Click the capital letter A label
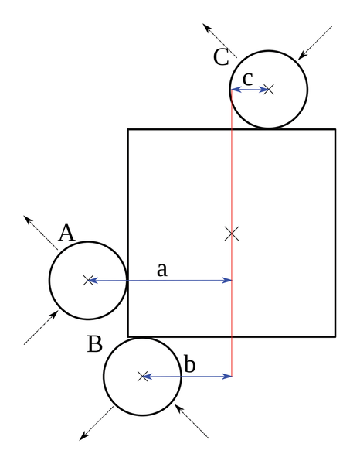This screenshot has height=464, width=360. pyautogui.click(x=66, y=233)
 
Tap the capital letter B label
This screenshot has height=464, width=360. pyautogui.click(x=95, y=343)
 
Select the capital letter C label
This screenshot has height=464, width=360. pyautogui.click(x=221, y=56)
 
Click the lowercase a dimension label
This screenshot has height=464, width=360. pyautogui.click(x=162, y=270)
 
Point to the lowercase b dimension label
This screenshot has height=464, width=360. pyautogui.click(x=190, y=363)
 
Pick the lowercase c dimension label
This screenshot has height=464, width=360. pyautogui.click(x=248, y=79)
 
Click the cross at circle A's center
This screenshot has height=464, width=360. pyautogui.click(x=88, y=280)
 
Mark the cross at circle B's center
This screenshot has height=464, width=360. pyautogui.click(x=142, y=377)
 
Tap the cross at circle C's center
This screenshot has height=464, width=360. pyautogui.click(x=269, y=90)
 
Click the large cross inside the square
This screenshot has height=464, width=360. pyautogui.click(x=232, y=234)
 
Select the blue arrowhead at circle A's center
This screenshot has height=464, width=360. pyautogui.click(x=93, y=280)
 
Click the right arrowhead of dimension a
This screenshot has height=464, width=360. pyautogui.click(x=227, y=280)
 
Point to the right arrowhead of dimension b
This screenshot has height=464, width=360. pyautogui.click(x=227, y=377)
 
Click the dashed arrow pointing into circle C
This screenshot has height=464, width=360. pyautogui.click(x=315, y=43)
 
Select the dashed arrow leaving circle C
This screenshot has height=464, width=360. pyautogui.click(x=220, y=41)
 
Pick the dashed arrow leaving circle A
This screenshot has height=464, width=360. pyautogui.click(x=41, y=233)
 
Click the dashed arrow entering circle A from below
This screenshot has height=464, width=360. pyautogui.click(x=41, y=328)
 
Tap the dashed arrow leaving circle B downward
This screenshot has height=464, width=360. pyautogui.click(x=97, y=424)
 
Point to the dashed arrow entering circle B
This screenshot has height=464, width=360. pyautogui.click(x=192, y=421)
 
